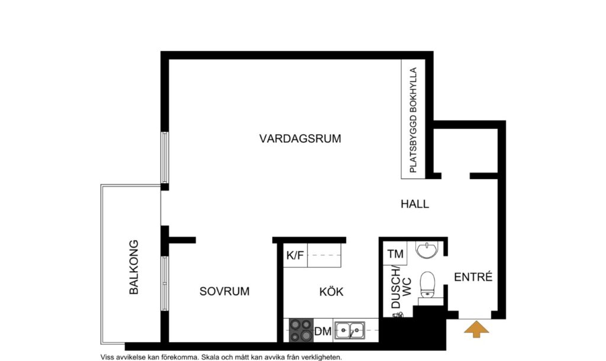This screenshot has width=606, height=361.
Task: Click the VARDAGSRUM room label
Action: coord(300,139)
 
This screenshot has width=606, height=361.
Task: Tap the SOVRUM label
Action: coord(224,291)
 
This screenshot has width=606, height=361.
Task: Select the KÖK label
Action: coord(331,292)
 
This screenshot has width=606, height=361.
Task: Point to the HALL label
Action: coord(414,204)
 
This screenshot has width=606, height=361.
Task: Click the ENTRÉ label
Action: coord(473,277)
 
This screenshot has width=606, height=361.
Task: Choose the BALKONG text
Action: coord(134,267)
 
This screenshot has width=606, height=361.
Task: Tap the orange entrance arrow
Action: coord(477,329)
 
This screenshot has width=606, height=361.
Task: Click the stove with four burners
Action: coord(301,330)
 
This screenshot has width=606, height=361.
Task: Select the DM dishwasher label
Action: coord(323,331)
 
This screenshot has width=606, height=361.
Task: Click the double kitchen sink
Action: coord(349,330)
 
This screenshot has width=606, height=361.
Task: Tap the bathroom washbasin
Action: coord(426,251)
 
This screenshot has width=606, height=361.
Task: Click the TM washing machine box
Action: coord(395,255)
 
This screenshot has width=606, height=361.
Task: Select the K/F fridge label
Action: coord(295,256)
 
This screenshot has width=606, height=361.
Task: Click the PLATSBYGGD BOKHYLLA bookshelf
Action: coord(413,119)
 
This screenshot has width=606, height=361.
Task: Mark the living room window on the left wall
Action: coord(165,157)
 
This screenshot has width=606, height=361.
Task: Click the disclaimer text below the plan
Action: coord(221,357)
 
